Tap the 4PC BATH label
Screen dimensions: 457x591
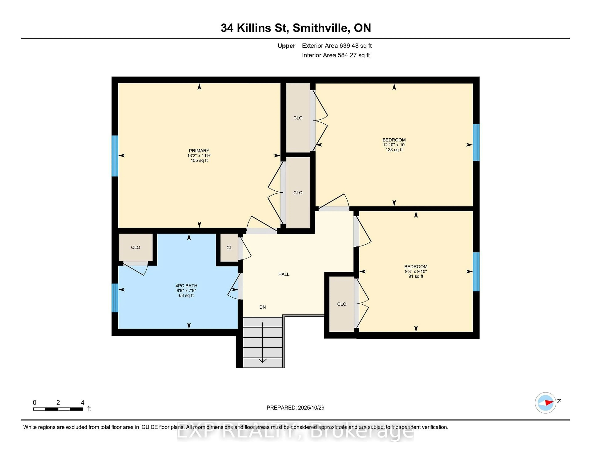point(186,286)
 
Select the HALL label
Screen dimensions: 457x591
point(284,274)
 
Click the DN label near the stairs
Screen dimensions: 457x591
point(262,307)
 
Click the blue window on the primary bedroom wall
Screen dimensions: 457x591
point(115,156)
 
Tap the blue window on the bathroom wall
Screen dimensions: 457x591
point(115,298)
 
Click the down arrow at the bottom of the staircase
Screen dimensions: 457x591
point(262,360)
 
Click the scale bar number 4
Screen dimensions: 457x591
point(82,403)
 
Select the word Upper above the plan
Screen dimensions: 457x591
point(286,46)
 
